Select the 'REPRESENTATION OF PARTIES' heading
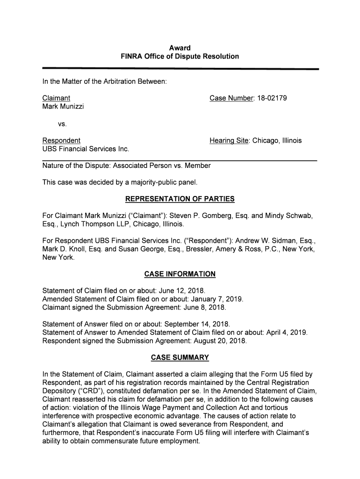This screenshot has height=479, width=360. coord(180,199)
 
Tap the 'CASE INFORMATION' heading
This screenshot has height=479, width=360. coord(180,274)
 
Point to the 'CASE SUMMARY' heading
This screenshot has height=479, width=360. coord(180,358)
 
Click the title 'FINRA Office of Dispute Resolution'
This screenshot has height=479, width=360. coord(180,56)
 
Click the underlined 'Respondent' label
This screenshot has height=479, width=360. coord(61,140)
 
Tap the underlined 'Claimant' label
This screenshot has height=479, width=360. coord(56,98)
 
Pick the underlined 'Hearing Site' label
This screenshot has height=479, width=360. coord(229,140)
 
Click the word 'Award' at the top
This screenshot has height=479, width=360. coord(180,48)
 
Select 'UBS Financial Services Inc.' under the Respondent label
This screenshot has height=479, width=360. coord(86,149)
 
